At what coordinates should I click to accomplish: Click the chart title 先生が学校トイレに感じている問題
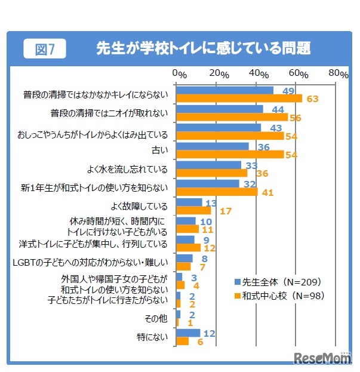click(204, 48)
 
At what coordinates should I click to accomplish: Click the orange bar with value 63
click(239, 99)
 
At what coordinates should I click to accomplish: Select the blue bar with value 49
click(225, 90)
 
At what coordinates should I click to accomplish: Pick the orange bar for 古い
click(230, 155)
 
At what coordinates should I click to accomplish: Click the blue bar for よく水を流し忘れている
click(209, 165)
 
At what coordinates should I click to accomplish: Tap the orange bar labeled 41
click(217, 192)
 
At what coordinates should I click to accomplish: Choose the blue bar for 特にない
click(188, 333)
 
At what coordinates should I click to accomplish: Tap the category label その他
click(157, 318)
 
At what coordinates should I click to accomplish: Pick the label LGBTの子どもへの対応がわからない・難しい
click(90, 262)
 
